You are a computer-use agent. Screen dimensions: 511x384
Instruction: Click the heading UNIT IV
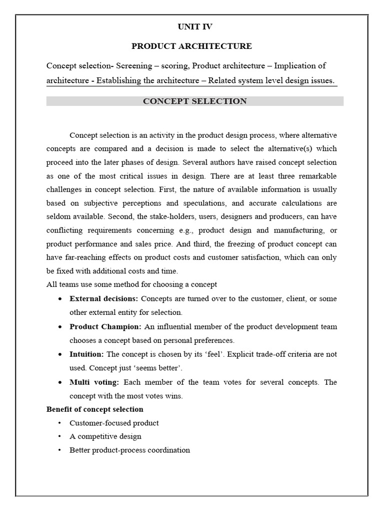coord(191,27)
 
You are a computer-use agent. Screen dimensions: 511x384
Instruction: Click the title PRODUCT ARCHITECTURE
coord(191,46)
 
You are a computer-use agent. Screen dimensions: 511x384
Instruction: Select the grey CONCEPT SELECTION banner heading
coord(194,101)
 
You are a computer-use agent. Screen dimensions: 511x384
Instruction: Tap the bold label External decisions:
coord(104,299)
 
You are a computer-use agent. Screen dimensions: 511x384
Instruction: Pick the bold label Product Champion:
coord(105,327)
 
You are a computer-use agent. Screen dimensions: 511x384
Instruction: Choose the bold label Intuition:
coord(87,354)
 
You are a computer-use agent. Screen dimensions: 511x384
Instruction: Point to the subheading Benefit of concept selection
coord(95,409)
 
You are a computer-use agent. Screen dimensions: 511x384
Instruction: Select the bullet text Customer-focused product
coord(114,423)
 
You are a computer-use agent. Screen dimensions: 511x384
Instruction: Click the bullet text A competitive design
coord(105,437)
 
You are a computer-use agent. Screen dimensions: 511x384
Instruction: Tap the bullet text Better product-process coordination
coord(129,450)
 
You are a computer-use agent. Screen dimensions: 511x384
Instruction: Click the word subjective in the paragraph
coord(91,204)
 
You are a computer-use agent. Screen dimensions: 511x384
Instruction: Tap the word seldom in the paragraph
coord(58,217)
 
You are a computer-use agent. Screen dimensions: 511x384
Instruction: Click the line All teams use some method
coord(131,284)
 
